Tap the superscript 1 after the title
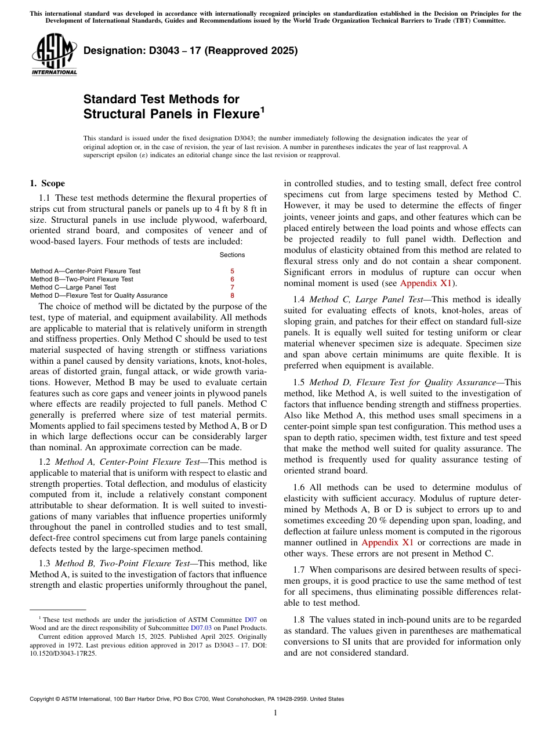pos(263,110)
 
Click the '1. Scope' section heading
pos(47,183)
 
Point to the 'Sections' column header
pos(232,255)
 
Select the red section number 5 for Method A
pos(232,271)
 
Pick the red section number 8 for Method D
pos(232,295)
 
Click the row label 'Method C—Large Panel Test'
pos(73,287)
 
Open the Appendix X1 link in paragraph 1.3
pos(426,283)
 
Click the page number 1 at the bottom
pos(275,712)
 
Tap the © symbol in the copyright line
pos(59,699)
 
